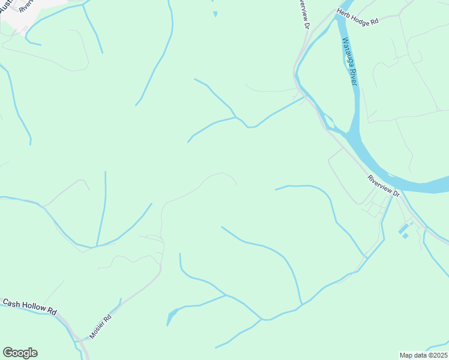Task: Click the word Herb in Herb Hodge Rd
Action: pos(344,14)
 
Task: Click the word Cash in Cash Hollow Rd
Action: pos(11,303)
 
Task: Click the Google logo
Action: pos(20,353)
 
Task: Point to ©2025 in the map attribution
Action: pos(436,355)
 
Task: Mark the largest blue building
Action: pos(403,229)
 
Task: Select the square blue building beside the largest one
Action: pos(406,236)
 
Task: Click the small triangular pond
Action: pos(215,13)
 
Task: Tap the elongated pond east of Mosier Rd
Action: pos(172,314)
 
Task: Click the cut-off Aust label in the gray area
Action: pos(7,5)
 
